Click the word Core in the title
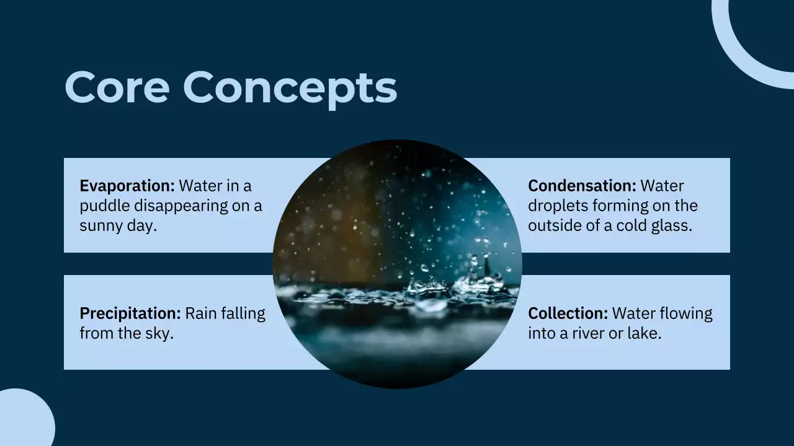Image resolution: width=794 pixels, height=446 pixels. tap(117, 87)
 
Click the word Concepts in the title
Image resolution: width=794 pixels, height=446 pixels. tap(290, 87)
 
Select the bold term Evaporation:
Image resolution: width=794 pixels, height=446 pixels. tap(127, 186)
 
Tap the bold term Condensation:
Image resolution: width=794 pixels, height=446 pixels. tap(582, 186)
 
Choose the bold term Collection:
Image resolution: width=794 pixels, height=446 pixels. tap(568, 313)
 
